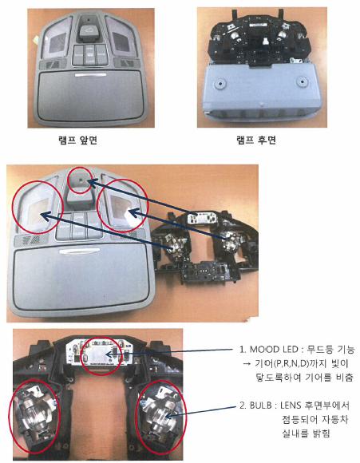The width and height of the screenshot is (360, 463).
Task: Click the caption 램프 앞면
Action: [78, 140]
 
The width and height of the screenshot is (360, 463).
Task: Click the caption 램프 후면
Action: [256, 140]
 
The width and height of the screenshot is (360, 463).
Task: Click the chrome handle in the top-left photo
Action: [90, 75]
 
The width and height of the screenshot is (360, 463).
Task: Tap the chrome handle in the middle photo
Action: [79, 251]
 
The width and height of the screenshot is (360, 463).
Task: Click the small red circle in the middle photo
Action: [80, 180]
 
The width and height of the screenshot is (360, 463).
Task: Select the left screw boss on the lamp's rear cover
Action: [220, 82]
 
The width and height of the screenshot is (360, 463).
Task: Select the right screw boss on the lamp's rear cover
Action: [302, 81]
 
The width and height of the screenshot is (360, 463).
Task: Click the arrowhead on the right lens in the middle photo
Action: [133, 212]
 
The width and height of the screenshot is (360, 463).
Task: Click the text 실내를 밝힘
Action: [306, 433]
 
